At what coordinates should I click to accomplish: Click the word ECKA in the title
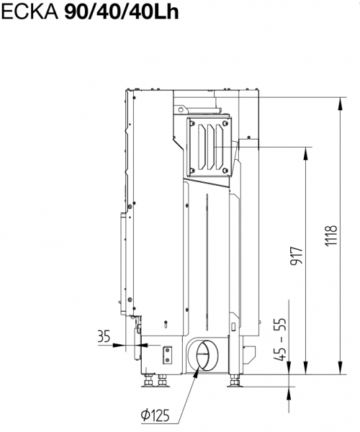pyautogui.click(x=30, y=12)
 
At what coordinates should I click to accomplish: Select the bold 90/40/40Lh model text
pyautogui.click(x=122, y=12)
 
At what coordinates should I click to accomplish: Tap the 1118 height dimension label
pyautogui.click(x=330, y=236)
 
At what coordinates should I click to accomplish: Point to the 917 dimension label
pyautogui.click(x=297, y=256)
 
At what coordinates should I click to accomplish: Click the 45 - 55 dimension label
pyautogui.click(x=280, y=339)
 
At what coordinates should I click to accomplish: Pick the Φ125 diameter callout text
pyautogui.click(x=155, y=415)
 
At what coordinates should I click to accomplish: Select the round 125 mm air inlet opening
pyautogui.click(x=203, y=356)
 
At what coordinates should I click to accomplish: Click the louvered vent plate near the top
pyautogui.click(x=210, y=147)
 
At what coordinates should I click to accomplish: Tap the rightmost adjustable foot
pyautogui.click(x=235, y=381)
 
